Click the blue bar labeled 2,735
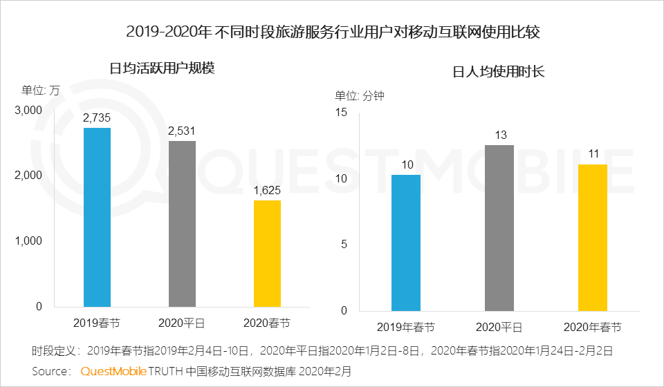[97, 217]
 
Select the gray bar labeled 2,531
[183, 224]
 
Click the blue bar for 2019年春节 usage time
[405, 243]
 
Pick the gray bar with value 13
[499, 227]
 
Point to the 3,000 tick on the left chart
[28, 111]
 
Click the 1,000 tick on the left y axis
[28, 241]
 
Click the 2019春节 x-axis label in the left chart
[97, 323]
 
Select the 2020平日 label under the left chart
[183, 323]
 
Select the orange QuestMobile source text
[113, 371]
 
